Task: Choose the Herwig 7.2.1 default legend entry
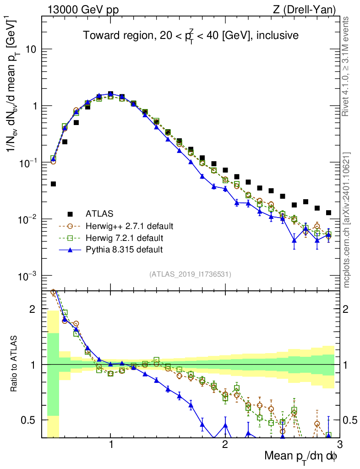click(125, 238)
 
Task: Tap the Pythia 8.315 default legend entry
click(124, 250)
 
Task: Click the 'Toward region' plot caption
click(191, 35)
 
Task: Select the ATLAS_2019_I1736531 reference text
click(190, 274)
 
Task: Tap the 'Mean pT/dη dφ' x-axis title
click(301, 456)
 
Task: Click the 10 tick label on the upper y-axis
click(31, 49)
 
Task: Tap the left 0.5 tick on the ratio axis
click(30, 420)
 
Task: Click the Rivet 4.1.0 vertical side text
click(347, 64)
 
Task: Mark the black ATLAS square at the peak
click(110, 93)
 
